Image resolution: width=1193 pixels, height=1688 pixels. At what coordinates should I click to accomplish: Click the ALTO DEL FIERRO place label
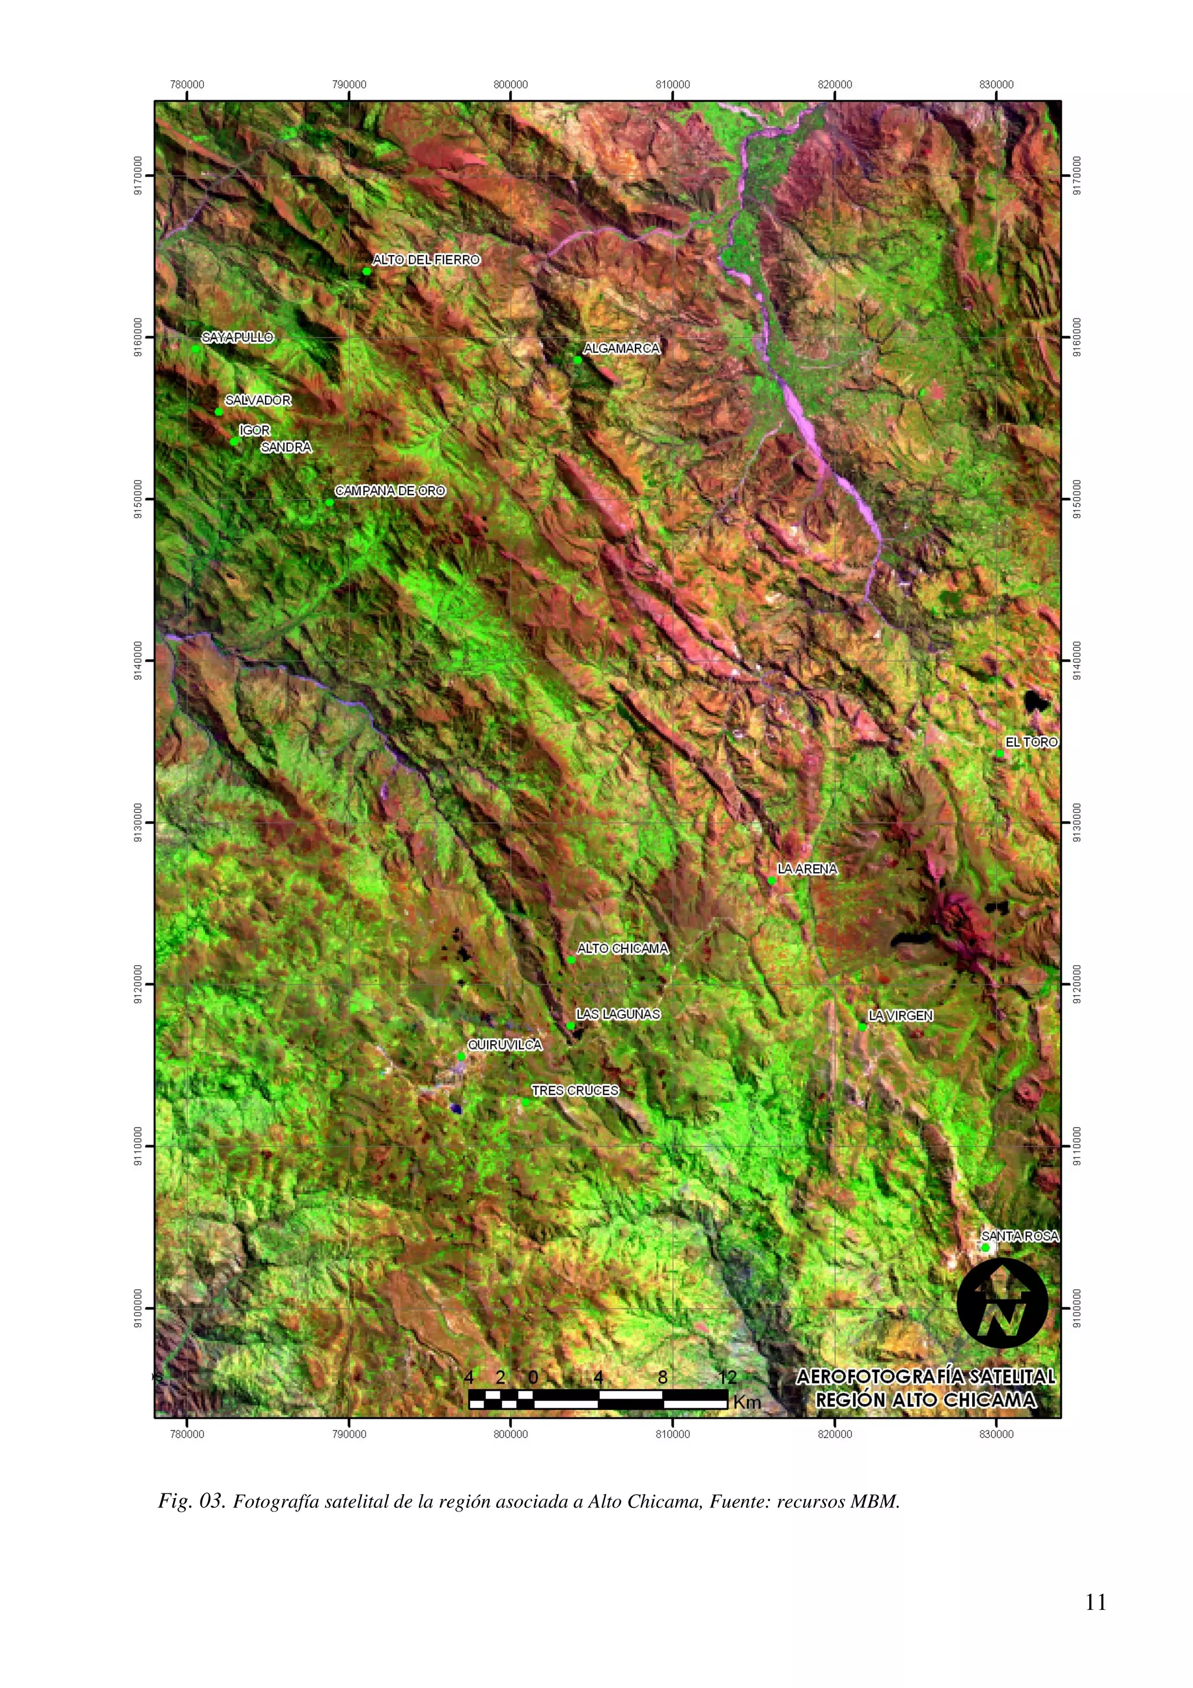tap(426, 260)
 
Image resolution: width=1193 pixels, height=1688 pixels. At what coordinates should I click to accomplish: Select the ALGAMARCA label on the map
tap(621, 348)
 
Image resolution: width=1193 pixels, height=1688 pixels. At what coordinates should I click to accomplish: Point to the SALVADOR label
tap(257, 401)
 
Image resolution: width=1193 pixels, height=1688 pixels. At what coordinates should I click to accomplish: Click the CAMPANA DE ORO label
tap(390, 491)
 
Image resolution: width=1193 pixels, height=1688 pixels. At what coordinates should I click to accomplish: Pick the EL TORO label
tap(1031, 743)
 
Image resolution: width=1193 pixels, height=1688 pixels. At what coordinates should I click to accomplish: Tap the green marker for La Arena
tap(772, 880)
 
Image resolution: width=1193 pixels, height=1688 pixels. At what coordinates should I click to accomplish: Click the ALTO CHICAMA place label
tap(623, 948)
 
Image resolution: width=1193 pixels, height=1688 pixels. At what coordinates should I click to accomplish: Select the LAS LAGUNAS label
tap(617, 1015)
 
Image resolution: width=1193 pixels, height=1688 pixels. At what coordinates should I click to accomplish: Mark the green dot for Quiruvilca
tap(461, 1057)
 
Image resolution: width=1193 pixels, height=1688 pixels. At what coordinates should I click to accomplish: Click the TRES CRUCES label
tap(575, 1090)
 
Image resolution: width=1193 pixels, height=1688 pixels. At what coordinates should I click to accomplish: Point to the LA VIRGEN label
tap(901, 1016)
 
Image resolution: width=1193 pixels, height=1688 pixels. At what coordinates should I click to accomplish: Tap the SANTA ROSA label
tap(1019, 1237)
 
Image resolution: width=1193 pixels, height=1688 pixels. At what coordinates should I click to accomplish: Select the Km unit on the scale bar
tap(747, 1402)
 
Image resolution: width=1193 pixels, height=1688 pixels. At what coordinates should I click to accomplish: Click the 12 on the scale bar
tap(727, 1377)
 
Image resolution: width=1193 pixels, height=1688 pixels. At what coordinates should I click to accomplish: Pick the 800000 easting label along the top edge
tap(510, 85)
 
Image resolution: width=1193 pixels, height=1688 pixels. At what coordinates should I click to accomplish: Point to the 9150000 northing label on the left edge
tap(139, 499)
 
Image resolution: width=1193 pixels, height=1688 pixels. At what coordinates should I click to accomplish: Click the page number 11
tap(1095, 1603)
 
